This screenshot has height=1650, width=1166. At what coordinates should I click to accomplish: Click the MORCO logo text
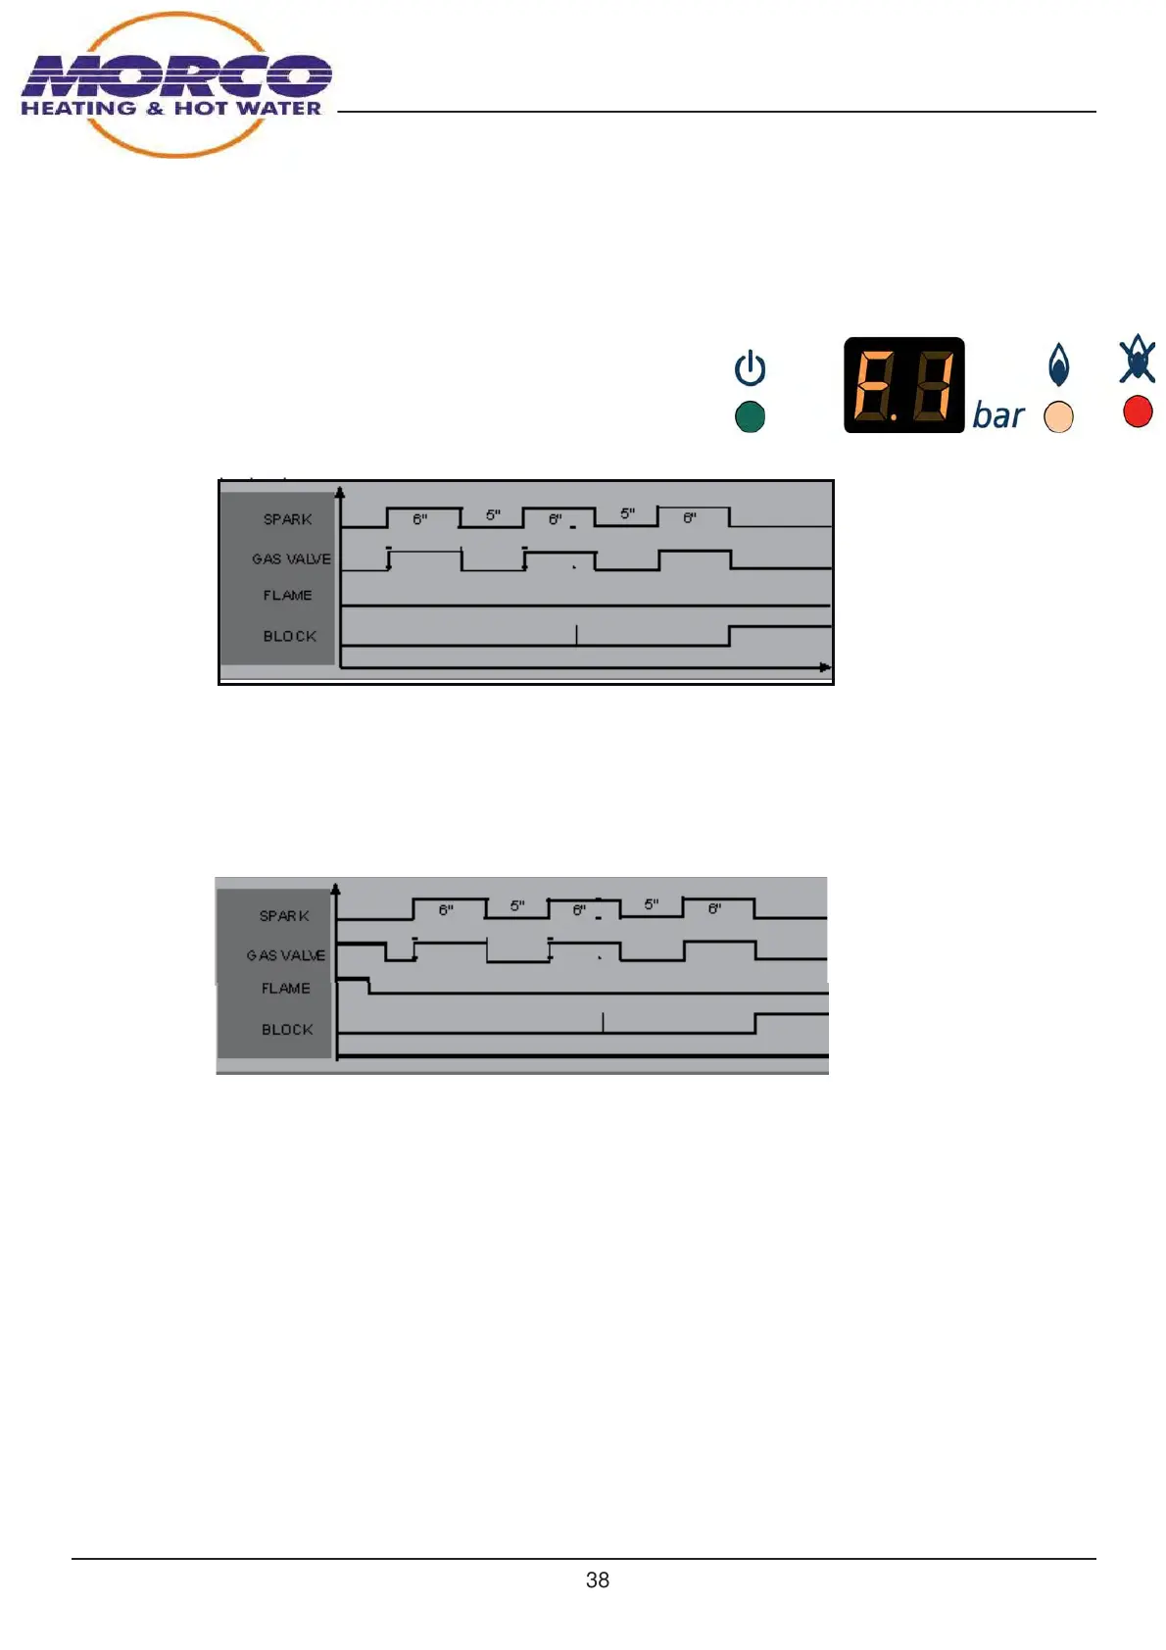[x=176, y=75]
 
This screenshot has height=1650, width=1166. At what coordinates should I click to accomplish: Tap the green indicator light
[x=750, y=417]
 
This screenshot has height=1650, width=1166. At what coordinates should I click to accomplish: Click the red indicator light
[x=1138, y=412]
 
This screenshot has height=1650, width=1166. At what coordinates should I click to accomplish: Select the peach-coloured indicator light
[x=1058, y=417]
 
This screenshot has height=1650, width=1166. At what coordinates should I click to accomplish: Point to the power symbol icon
[x=750, y=368]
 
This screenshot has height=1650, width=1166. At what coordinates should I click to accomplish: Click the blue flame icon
[x=1058, y=365]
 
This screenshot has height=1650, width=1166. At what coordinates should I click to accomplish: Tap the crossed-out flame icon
[x=1138, y=360]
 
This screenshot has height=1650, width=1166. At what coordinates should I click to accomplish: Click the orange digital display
[x=903, y=385]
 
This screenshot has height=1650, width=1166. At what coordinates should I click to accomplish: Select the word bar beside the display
[x=997, y=416]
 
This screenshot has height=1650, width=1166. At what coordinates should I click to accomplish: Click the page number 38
[x=597, y=1579]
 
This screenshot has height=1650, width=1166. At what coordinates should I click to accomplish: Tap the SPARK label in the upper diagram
[x=287, y=519]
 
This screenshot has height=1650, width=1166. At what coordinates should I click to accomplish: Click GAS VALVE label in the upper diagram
[x=291, y=558]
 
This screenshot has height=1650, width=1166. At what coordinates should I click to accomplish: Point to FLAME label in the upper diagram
[x=287, y=595]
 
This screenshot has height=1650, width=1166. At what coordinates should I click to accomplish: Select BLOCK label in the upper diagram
[x=289, y=636]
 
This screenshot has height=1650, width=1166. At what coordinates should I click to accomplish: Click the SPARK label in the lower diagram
[x=284, y=916]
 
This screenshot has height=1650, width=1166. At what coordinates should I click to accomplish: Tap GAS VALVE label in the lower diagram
[x=285, y=955]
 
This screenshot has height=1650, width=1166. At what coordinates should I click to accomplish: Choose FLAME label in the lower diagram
[x=285, y=989]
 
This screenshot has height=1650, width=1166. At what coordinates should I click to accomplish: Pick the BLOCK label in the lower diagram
[x=287, y=1030]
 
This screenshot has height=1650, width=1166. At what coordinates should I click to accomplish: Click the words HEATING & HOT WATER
[x=171, y=109]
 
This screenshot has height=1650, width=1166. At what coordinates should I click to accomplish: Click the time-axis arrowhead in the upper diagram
[x=825, y=667]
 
